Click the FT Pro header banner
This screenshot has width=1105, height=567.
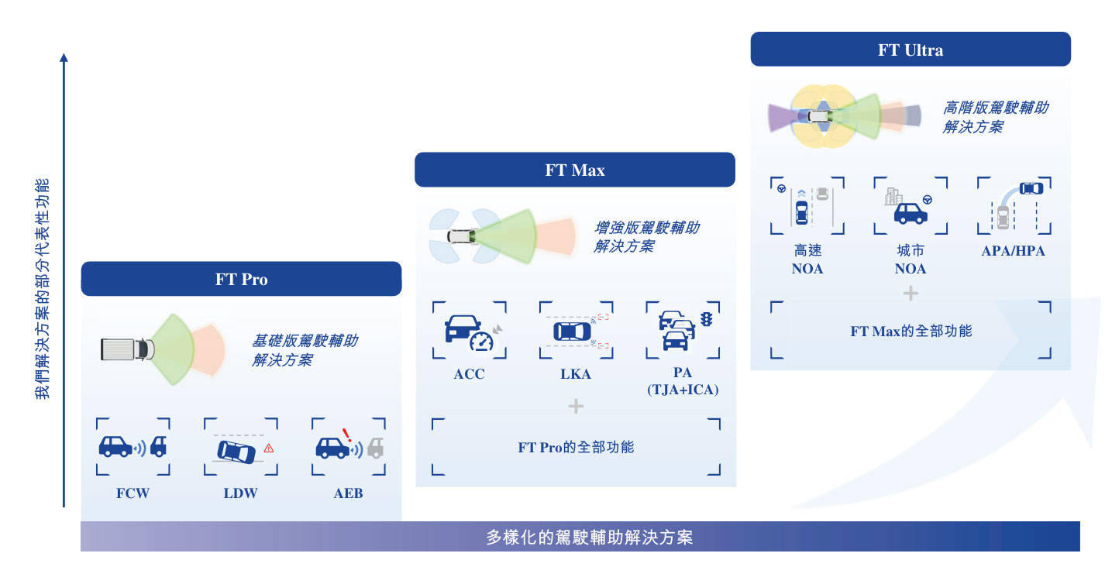click(241, 279)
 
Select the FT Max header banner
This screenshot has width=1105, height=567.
click(575, 170)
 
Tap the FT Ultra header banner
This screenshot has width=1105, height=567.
click(911, 50)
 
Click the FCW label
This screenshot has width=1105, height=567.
click(133, 493)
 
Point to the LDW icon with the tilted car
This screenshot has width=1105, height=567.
click(241, 448)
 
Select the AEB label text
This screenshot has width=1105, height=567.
click(348, 493)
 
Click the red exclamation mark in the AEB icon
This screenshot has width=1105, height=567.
click(347, 435)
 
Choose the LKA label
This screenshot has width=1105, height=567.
click(576, 373)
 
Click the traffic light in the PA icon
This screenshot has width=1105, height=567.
click(707, 319)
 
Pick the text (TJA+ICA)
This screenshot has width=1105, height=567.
click(683, 390)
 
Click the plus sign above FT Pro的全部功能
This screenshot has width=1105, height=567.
click(576, 406)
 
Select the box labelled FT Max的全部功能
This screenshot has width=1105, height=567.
click(911, 330)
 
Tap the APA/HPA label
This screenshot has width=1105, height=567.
click(1014, 251)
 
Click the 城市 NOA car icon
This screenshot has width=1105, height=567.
click(911, 214)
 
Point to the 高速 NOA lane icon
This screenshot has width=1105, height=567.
click(807, 205)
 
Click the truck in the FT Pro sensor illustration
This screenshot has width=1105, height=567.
click(127, 349)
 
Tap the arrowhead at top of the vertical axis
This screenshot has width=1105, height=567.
click(64, 57)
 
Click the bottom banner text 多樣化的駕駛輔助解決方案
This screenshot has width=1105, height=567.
click(590, 537)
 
